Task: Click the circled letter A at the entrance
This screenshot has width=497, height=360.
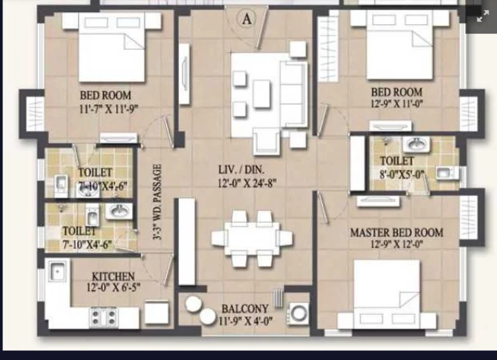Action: (x=246, y=18)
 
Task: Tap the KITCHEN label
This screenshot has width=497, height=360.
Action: (x=113, y=276)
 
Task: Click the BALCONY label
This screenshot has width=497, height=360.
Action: (x=245, y=309)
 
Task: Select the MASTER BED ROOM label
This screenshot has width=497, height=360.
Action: (x=397, y=232)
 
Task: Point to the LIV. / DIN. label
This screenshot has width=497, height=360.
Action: (x=241, y=170)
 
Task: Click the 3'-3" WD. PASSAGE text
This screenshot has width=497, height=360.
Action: (x=157, y=202)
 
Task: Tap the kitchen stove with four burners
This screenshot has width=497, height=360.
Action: (x=103, y=317)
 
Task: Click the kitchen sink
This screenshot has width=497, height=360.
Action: (x=57, y=271)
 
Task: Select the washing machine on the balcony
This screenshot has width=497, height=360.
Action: (x=298, y=314)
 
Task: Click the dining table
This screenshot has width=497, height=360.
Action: (x=252, y=238)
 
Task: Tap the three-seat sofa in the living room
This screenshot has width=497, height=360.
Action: (x=293, y=94)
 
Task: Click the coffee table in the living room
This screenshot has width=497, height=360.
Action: (x=262, y=94)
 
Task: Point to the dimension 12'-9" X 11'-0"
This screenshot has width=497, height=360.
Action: (x=397, y=103)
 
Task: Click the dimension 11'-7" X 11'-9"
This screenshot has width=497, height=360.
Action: (x=109, y=109)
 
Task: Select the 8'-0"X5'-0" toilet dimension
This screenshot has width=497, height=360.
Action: (x=402, y=174)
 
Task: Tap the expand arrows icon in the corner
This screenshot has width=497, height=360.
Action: (x=482, y=16)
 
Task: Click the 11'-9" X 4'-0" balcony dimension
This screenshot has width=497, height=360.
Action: (x=246, y=321)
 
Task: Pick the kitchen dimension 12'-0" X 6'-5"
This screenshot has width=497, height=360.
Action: (x=114, y=288)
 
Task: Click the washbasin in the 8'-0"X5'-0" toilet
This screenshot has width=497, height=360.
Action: (x=416, y=145)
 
